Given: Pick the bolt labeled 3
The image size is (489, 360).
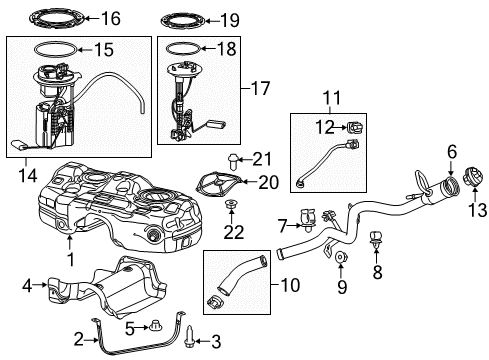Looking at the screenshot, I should [x=187, y=341].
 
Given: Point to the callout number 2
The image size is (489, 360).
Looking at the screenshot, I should [x=78, y=339].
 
